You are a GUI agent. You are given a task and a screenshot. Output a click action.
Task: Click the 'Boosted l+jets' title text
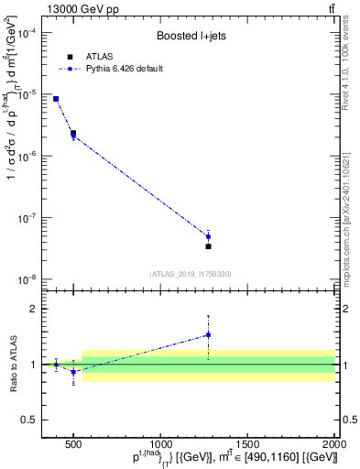click(x=191, y=36)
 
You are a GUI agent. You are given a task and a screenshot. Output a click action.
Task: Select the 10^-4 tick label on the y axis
click(x=25, y=33)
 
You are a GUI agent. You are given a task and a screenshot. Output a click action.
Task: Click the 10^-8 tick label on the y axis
click(x=25, y=279)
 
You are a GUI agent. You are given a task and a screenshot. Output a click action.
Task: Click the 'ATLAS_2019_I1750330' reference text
click(x=191, y=274)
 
